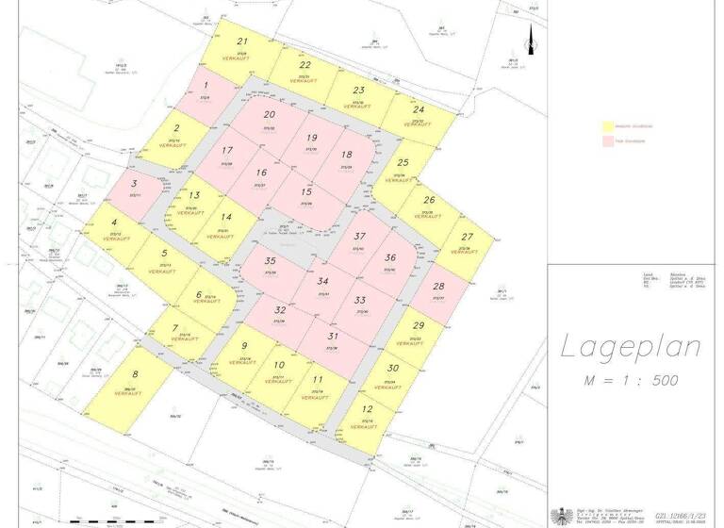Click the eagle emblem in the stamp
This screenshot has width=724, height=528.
[559, 516]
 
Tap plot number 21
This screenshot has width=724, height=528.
[242, 41]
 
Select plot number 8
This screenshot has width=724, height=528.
[135, 374]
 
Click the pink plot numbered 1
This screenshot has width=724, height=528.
[206, 85]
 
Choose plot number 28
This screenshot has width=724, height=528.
[438, 287]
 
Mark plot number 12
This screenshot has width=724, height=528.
[368, 409]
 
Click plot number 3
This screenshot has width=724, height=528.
[135, 184]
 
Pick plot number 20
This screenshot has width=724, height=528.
[270, 115]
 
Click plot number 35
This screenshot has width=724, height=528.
[271, 260]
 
